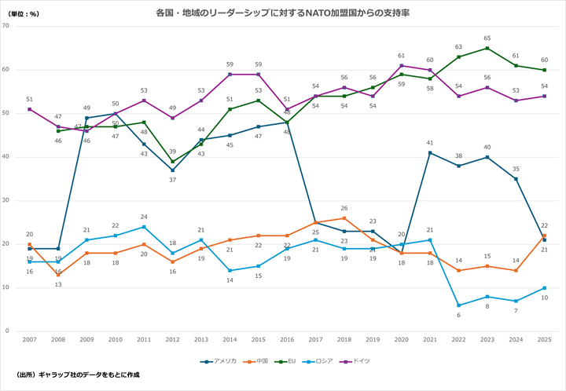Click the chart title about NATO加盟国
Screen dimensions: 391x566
(282, 13)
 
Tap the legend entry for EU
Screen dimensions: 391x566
(289, 360)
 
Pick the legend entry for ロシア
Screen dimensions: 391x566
(322, 360)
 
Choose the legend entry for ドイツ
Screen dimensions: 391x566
(358, 360)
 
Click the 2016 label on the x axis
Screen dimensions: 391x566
(287, 339)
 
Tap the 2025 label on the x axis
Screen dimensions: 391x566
(544, 339)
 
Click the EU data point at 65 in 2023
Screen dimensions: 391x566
(487, 48)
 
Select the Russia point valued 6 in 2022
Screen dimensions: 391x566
(458, 305)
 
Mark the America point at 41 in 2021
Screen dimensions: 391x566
(429, 152)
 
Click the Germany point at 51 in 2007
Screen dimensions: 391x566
(30, 109)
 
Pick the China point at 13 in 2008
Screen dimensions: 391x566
(58, 275)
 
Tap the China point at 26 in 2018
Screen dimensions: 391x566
(344, 218)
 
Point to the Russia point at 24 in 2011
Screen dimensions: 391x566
(144, 227)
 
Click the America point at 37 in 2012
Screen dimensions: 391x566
(173, 170)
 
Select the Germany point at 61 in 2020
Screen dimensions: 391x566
(401, 66)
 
